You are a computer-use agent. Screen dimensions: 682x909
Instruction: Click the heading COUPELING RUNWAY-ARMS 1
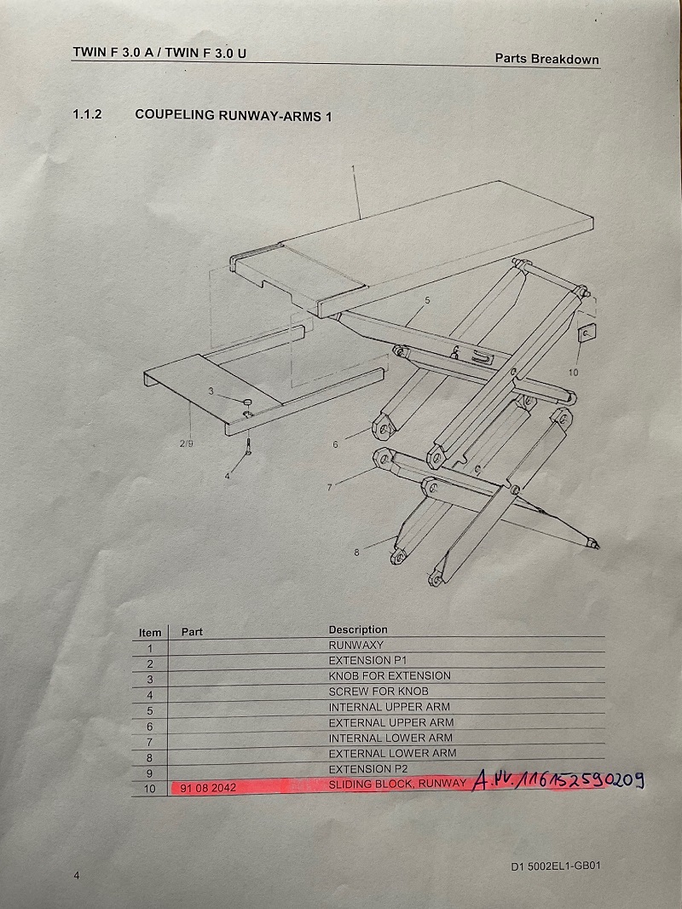233,115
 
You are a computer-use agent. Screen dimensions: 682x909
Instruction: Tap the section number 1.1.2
87,113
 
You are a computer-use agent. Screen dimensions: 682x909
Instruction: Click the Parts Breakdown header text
547,59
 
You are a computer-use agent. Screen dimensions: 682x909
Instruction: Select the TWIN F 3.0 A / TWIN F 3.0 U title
159,52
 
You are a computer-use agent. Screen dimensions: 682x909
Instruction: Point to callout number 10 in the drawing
573,373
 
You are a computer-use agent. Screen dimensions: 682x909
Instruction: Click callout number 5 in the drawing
428,300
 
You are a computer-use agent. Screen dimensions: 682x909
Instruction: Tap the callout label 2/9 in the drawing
186,443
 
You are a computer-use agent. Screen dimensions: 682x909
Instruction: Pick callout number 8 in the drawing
356,553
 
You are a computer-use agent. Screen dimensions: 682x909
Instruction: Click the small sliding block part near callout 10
587,334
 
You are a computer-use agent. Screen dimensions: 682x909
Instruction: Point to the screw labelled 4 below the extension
249,446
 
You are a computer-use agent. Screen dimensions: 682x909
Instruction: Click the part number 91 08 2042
208,788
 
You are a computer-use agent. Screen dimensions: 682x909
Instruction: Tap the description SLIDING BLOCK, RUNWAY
397,784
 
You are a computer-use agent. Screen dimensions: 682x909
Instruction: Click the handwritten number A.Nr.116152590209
558,781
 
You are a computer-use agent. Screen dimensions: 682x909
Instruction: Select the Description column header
358,629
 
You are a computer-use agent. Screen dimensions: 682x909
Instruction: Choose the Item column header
150,633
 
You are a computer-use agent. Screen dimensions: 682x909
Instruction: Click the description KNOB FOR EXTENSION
390,675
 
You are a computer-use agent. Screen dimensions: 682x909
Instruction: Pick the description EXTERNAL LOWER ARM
392,753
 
